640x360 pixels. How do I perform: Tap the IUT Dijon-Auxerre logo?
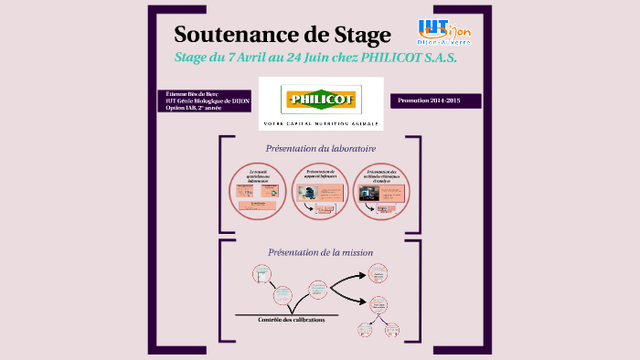[x=444, y=32]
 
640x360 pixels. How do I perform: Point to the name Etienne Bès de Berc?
[x=193, y=94]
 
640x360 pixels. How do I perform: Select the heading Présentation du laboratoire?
[x=320, y=148]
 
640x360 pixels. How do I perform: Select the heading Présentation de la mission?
[x=320, y=252]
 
